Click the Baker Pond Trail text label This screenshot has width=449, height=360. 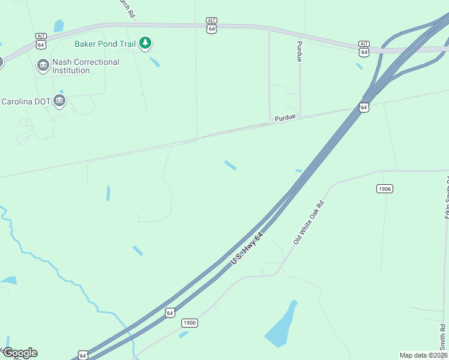(105, 44)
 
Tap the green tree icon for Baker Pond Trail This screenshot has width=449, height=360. (145, 43)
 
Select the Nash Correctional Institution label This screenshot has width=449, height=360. (86, 66)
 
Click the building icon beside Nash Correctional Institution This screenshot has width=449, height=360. (43, 65)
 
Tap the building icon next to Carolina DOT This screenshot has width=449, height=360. (59, 100)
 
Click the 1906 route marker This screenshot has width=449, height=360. (385, 189)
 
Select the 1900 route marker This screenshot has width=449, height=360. (189, 323)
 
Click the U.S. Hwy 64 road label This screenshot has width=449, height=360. (247, 249)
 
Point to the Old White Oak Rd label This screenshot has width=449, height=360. (308, 222)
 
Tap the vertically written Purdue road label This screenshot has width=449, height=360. (298, 52)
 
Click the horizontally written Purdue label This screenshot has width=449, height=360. (286, 118)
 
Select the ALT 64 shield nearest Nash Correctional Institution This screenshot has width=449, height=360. (41, 41)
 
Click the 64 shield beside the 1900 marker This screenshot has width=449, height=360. (170, 313)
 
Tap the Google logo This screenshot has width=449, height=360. (19, 353)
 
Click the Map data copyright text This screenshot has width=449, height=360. (423, 355)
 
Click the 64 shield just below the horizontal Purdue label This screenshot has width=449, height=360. (364, 107)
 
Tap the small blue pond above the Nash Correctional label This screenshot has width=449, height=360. (59, 26)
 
